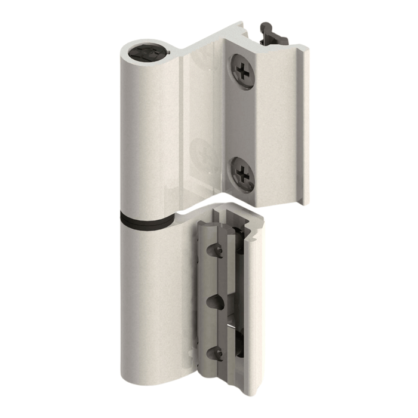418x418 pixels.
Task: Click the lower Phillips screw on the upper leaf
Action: pos(242,173)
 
